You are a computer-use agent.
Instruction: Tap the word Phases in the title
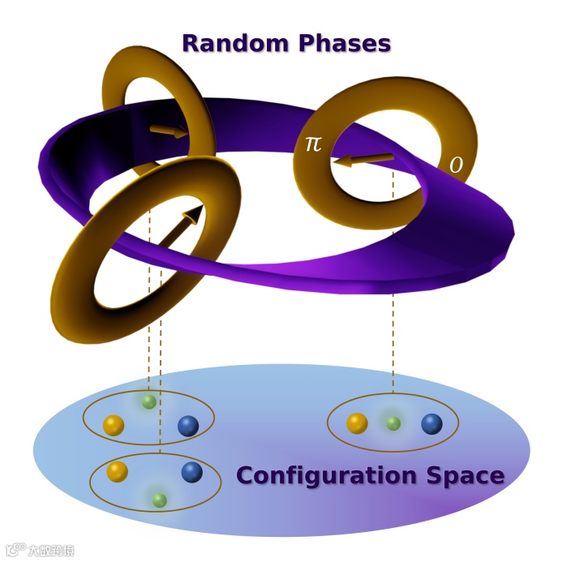point(341,43)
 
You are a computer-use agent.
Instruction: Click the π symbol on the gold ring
point(313,144)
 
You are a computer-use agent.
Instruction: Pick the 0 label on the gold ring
point(457,165)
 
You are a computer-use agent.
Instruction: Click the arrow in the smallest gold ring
point(168,130)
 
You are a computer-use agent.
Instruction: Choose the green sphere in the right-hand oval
point(393,423)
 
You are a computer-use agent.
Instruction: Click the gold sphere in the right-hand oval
point(357,423)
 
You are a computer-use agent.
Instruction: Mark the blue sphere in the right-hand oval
point(431,423)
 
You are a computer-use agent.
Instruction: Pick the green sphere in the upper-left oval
point(148,401)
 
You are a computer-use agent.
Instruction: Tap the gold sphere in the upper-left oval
point(114,425)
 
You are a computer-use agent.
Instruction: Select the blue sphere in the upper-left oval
point(188,426)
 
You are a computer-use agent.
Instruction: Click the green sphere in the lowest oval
point(160,500)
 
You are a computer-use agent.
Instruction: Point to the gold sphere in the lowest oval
point(117,471)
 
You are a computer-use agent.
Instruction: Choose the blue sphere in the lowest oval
point(191,472)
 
